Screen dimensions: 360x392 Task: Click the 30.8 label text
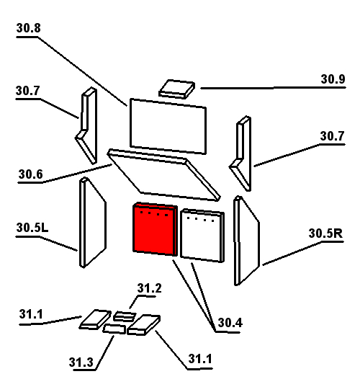(28, 28)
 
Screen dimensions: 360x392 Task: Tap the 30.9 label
(333, 79)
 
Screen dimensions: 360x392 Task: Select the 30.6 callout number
(30, 174)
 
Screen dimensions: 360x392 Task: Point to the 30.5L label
(32, 228)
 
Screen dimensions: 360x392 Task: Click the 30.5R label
(325, 233)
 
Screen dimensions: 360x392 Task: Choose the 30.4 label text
(230, 323)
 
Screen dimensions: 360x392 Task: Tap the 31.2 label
(149, 288)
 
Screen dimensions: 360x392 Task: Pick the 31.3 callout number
(81, 362)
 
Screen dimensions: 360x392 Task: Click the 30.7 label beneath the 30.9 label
(332, 136)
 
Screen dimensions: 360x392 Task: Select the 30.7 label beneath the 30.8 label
(27, 91)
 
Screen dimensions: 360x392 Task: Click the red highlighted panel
(155, 229)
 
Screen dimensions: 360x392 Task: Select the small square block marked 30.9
(177, 89)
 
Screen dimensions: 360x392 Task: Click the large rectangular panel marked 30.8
(168, 126)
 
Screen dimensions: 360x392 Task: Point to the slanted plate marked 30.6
(163, 175)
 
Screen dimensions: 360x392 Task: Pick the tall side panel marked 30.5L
(93, 223)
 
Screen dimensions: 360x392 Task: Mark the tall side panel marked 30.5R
(246, 241)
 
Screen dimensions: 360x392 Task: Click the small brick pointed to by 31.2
(125, 316)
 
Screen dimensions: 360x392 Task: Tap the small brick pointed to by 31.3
(114, 329)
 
